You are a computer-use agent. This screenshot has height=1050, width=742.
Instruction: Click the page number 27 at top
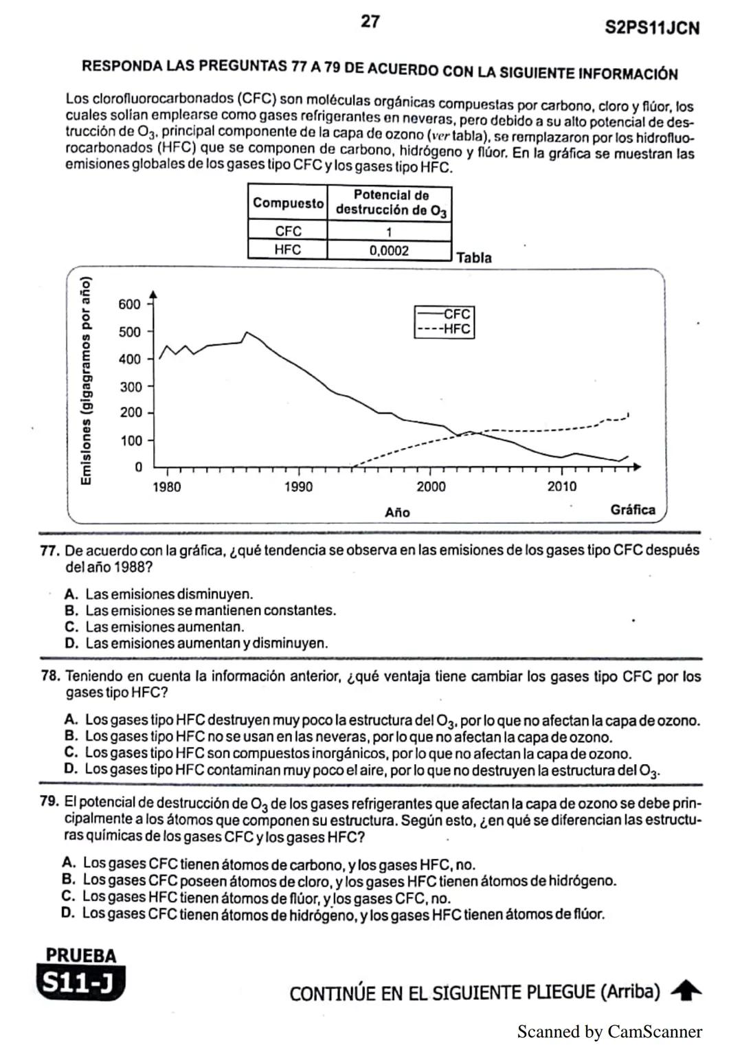point(370,21)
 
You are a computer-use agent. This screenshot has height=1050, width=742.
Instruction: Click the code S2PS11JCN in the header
point(652,27)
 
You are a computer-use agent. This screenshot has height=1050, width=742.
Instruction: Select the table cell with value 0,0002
point(389,251)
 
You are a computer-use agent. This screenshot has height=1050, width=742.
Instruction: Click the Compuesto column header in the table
point(288,203)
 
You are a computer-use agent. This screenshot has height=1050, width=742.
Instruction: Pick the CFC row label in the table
point(288,231)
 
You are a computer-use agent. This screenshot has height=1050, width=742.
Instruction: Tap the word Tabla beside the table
point(473,258)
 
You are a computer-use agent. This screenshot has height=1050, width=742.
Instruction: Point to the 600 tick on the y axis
point(129,304)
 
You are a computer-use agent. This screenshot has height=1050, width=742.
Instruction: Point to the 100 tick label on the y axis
point(131,440)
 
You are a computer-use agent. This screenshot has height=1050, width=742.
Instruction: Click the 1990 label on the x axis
point(298,487)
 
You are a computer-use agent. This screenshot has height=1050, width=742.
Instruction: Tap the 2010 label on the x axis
point(561,487)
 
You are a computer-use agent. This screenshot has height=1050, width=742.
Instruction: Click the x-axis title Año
point(397,513)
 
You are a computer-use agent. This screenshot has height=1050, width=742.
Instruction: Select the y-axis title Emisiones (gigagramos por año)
point(86,381)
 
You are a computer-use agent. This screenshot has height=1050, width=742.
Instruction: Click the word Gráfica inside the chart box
point(632,510)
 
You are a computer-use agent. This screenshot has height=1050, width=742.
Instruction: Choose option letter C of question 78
point(70,752)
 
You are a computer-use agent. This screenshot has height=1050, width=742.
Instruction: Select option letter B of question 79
point(68,880)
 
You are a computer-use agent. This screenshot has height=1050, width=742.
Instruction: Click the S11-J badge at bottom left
point(81,983)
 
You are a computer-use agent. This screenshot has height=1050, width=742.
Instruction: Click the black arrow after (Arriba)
point(686,991)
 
